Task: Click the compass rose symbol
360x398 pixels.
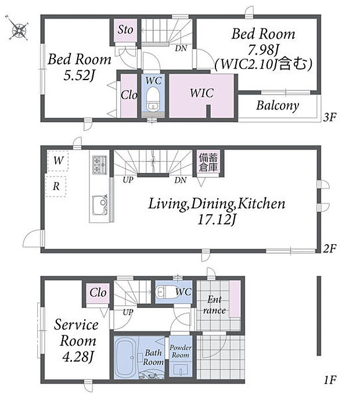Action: [x=19, y=28]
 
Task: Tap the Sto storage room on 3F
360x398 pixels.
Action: [x=125, y=30]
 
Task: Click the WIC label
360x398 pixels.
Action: [x=201, y=93]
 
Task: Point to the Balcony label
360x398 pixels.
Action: [x=278, y=106]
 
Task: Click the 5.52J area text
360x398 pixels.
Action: [x=79, y=75]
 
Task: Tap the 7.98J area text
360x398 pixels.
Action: [x=264, y=50]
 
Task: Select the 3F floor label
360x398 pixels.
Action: [x=329, y=117]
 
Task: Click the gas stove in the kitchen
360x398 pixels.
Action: [x=100, y=165]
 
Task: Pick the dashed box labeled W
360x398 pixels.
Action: [x=58, y=161]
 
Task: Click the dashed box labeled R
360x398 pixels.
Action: [x=56, y=187]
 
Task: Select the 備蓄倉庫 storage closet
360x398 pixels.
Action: [x=208, y=162]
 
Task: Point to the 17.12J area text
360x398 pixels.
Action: [x=217, y=220]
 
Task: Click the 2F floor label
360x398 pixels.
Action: [x=329, y=248]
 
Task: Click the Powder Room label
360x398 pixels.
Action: [x=181, y=352]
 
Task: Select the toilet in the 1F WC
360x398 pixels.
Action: [x=163, y=292]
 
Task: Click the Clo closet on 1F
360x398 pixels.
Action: [x=98, y=293]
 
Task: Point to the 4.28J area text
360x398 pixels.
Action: [x=78, y=357]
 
